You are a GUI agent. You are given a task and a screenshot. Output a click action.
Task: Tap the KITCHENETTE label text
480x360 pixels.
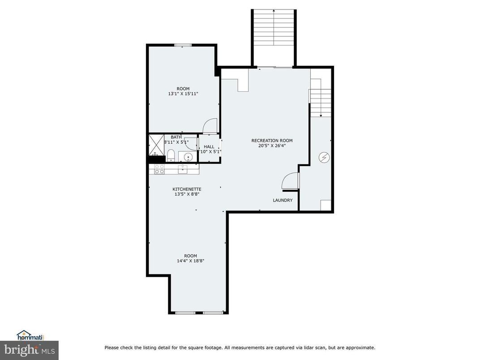tap(187, 189)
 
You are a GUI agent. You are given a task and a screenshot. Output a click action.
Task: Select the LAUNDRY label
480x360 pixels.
tap(283, 200)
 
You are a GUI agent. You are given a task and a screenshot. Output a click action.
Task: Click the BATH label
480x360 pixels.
tap(176, 137)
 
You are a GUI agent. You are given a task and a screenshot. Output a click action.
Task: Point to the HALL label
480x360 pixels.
tap(209, 146)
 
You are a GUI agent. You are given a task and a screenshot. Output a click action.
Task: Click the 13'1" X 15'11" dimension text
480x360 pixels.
tap(183, 94)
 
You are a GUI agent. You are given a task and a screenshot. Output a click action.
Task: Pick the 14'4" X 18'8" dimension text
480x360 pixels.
tap(190, 261)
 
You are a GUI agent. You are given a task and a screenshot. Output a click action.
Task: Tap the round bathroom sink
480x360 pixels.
tap(187, 157)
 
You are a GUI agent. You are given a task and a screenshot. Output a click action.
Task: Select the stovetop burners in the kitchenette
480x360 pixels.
tap(159, 169)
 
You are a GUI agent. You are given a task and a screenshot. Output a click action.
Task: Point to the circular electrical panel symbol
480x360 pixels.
tap(323, 157)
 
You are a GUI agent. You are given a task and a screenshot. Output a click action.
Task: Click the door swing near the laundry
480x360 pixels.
tap(290, 181)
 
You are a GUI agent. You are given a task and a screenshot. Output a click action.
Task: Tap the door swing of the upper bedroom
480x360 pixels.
tap(210, 126)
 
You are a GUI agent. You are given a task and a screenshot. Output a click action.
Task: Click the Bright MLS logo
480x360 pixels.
tap(29, 349)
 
